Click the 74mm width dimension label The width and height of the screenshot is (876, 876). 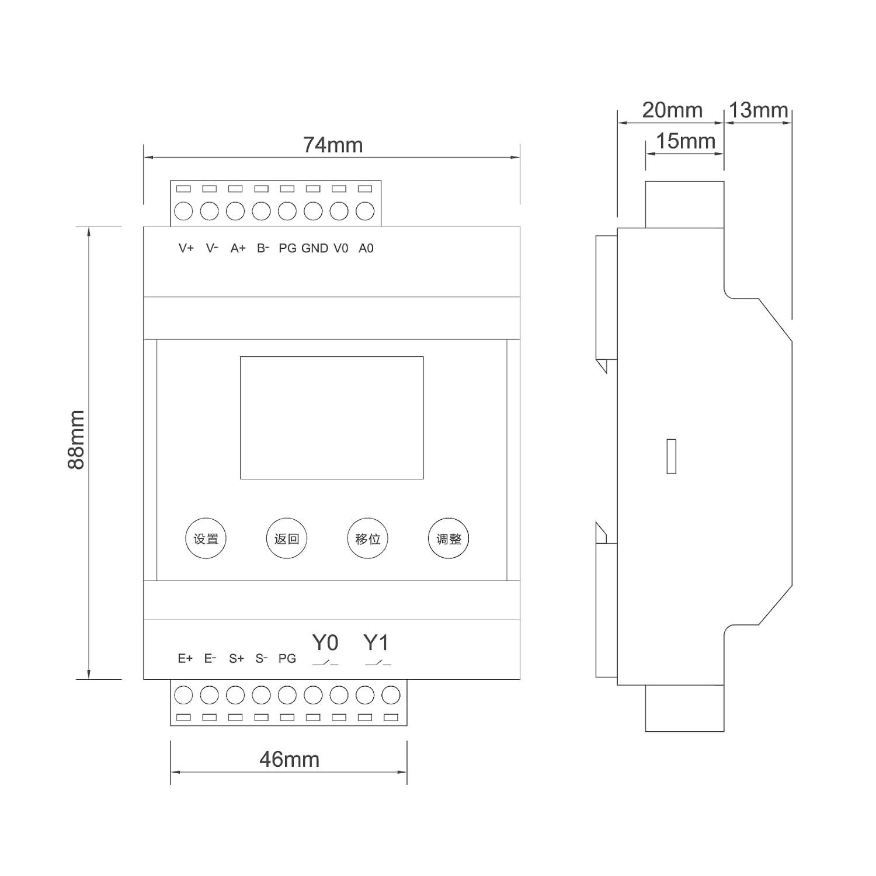(333, 145)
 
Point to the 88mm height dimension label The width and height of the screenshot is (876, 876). (77, 440)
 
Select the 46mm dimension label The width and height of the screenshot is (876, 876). (290, 759)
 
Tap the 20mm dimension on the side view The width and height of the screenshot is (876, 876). (672, 110)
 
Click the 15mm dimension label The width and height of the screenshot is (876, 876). (686, 141)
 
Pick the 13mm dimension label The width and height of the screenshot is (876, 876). (759, 110)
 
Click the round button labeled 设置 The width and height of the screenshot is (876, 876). (206, 538)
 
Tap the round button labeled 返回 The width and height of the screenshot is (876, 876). (287, 538)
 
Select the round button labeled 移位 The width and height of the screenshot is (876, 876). (368, 538)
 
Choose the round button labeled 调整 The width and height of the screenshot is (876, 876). (449, 538)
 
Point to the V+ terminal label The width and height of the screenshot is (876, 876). (186, 248)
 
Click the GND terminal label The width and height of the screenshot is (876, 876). (315, 248)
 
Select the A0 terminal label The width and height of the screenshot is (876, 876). (366, 248)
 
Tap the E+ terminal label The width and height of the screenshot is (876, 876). (185, 658)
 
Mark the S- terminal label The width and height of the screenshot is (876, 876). (262, 658)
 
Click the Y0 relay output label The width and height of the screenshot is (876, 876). (325, 642)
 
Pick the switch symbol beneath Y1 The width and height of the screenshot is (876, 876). (378, 663)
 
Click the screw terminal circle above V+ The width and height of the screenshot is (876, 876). (183, 211)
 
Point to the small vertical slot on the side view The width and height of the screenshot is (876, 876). (672, 456)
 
